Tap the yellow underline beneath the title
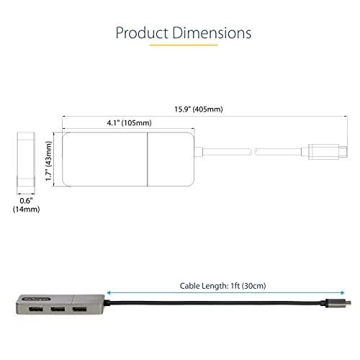(x=179, y=47)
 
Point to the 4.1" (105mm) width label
(x=104, y=123)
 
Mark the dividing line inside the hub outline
(x=148, y=158)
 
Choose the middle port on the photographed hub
(x=56, y=311)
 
